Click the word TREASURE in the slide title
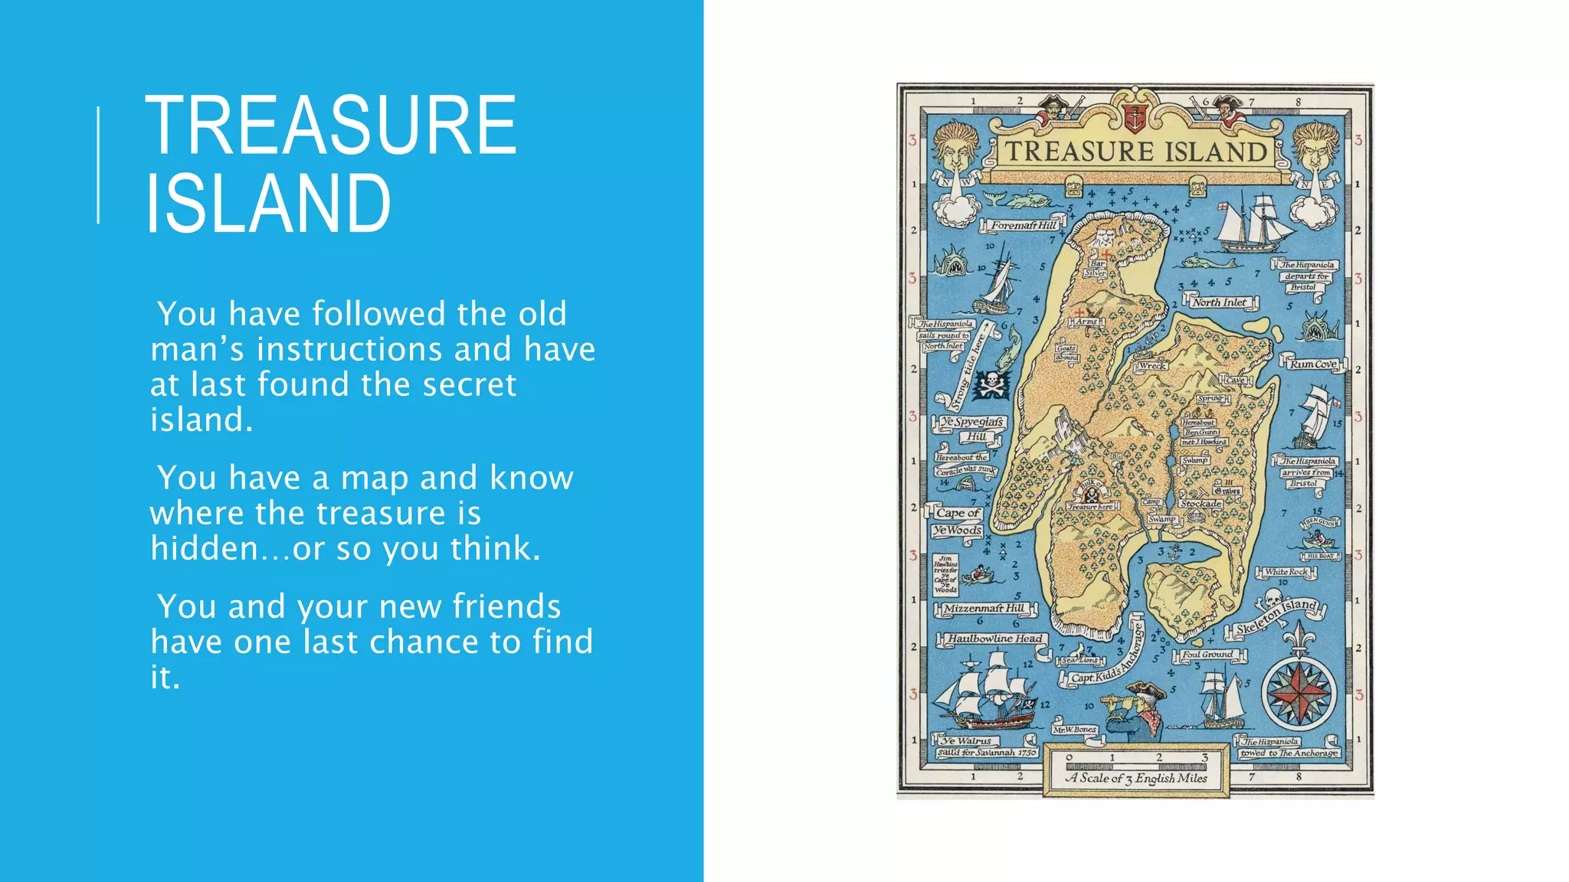[x=330, y=125]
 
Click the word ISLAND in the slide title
[x=268, y=204]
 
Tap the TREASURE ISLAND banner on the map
[x=1135, y=152]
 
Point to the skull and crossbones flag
[x=992, y=384]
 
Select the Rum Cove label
[x=1312, y=364]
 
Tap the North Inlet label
[x=1219, y=302]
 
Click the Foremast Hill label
[x=1024, y=225]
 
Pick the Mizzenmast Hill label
[x=984, y=609]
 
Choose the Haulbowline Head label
[x=994, y=639]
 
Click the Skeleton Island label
[x=1276, y=616]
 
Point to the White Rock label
[x=1286, y=572]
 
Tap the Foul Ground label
[x=1207, y=655]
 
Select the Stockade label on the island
[x=1200, y=504]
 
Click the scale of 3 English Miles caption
[x=1136, y=778]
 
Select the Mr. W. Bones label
[x=1074, y=730]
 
